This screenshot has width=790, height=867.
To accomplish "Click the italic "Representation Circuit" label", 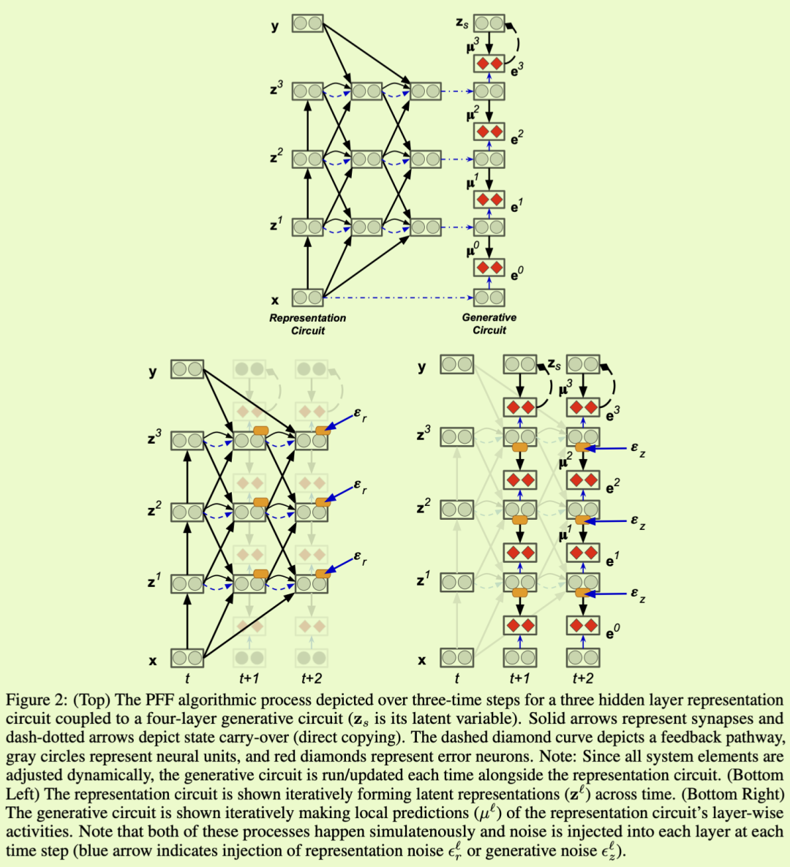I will (x=307, y=324).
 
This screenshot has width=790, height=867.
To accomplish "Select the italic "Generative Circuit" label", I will (x=489, y=324).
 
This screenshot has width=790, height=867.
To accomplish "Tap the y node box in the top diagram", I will (x=307, y=24).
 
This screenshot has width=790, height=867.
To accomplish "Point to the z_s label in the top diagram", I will (x=462, y=23).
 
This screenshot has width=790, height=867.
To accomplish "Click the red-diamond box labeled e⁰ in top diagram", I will (x=489, y=268).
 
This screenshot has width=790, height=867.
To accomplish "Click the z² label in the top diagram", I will (x=276, y=156).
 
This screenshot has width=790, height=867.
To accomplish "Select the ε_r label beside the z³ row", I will (x=360, y=415).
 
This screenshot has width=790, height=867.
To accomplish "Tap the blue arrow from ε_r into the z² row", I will (x=338, y=493).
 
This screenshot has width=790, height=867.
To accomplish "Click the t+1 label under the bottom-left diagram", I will (x=249, y=679).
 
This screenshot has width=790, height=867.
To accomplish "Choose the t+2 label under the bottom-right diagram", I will (x=583, y=679).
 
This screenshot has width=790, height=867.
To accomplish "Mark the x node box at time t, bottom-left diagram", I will (x=187, y=658).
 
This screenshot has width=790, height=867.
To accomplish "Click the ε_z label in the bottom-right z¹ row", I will (x=638, y=595).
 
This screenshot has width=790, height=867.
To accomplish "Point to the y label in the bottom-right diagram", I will (x=421, y=366).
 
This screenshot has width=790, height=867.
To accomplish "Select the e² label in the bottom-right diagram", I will (x=613, y=483).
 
